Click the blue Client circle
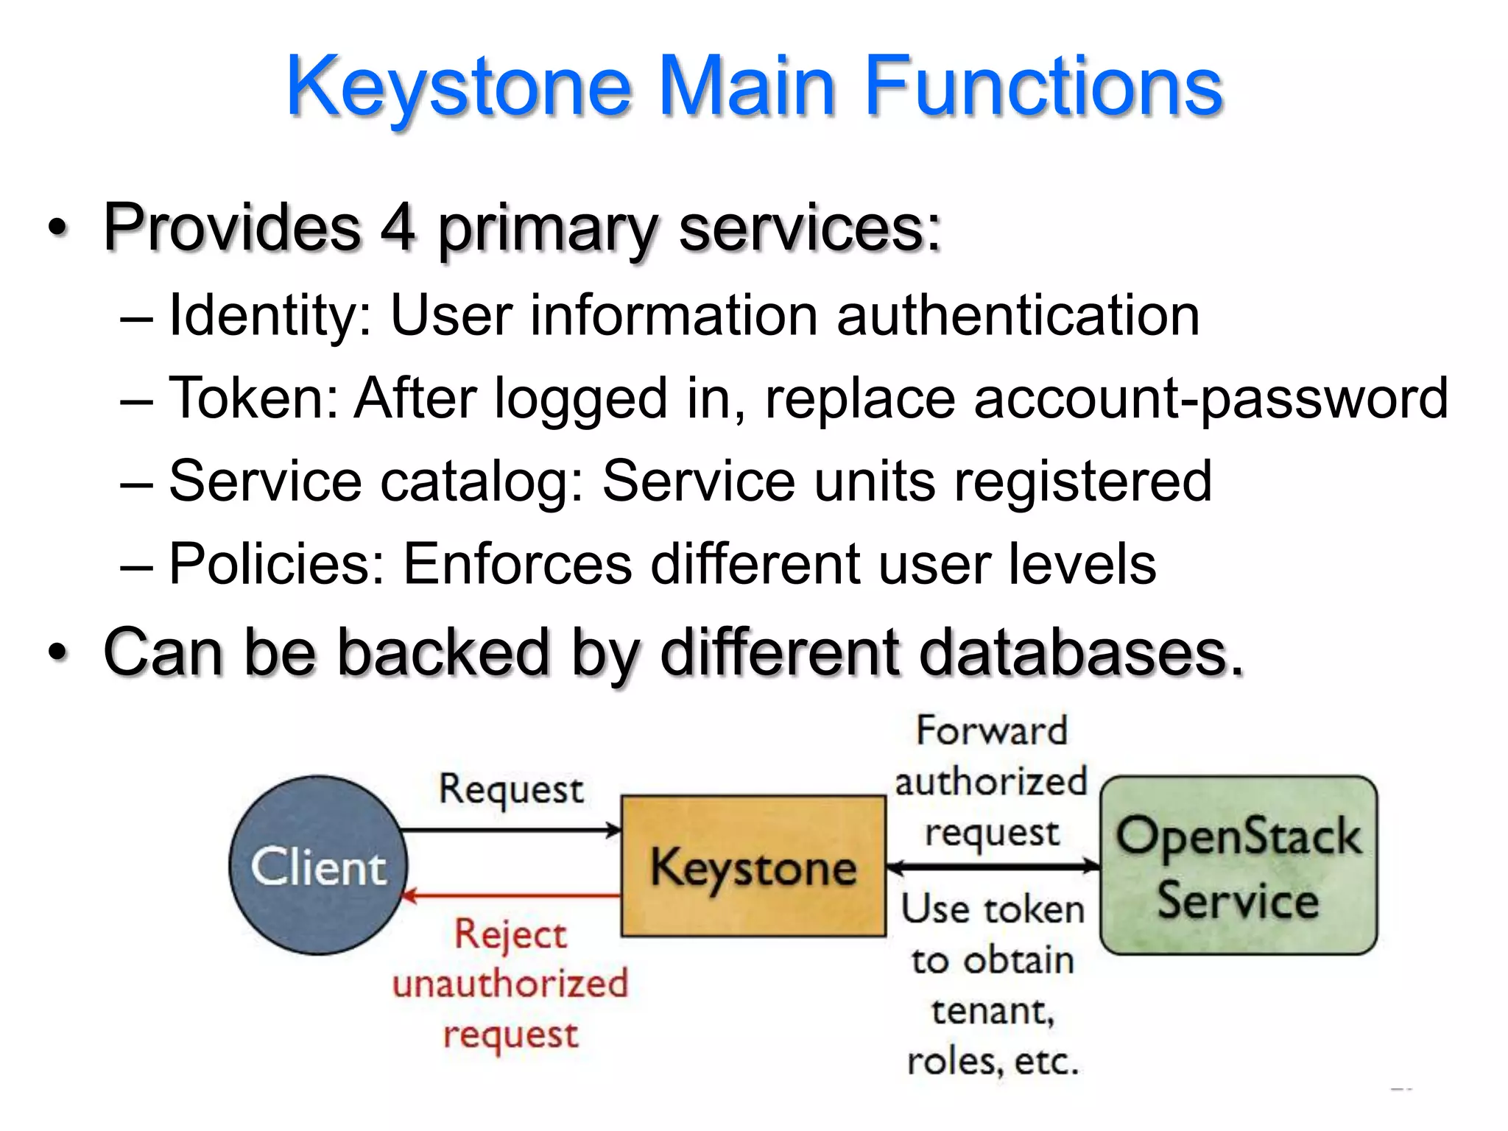pos(318,865)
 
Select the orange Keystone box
pos(753,867)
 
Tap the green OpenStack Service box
pos(1239,865)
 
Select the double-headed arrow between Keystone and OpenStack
pos(992,867)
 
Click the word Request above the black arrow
pos(511,789)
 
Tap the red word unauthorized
pos(510,984)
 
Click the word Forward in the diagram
pos(991,731)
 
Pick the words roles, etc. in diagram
pos(993,1061)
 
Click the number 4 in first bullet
pos(398,228)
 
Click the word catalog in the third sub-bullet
pos(482,482)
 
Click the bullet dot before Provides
pos(57,228)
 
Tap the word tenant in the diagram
pos(991,1010)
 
